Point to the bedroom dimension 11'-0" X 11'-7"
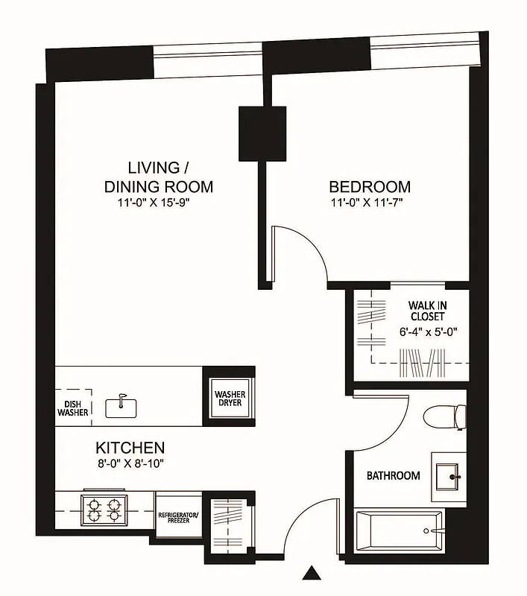(x=370, y=202)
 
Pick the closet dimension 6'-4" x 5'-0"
(x=426, y=332)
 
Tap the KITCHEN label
(x=130, y=448)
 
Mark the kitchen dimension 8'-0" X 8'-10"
(x=130, y=463)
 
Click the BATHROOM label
(x=392, y=475)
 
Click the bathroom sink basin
(x=449, y=471)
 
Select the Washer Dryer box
(x=230, y=399)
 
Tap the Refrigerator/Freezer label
(x=178, y=519)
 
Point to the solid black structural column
(x=262, y=133)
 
